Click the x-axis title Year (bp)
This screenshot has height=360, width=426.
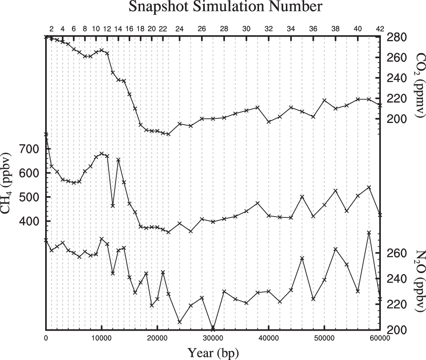pos(213,352)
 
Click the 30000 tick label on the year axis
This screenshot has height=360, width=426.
pos(213,338)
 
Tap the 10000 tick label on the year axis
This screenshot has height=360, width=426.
pos(101,338)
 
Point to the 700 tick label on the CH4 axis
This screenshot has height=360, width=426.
pos(30,149)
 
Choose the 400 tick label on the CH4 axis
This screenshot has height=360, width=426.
pos(30,221)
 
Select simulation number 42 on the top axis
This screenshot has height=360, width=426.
pos(380,29)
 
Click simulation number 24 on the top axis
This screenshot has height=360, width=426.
pos(180,29)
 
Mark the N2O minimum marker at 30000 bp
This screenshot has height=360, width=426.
pos(213,329)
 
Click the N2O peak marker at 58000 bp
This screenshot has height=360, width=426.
pos(369,233)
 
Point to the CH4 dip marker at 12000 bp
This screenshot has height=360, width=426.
pos(113,206)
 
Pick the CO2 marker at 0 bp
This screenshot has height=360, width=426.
pos(46,37)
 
